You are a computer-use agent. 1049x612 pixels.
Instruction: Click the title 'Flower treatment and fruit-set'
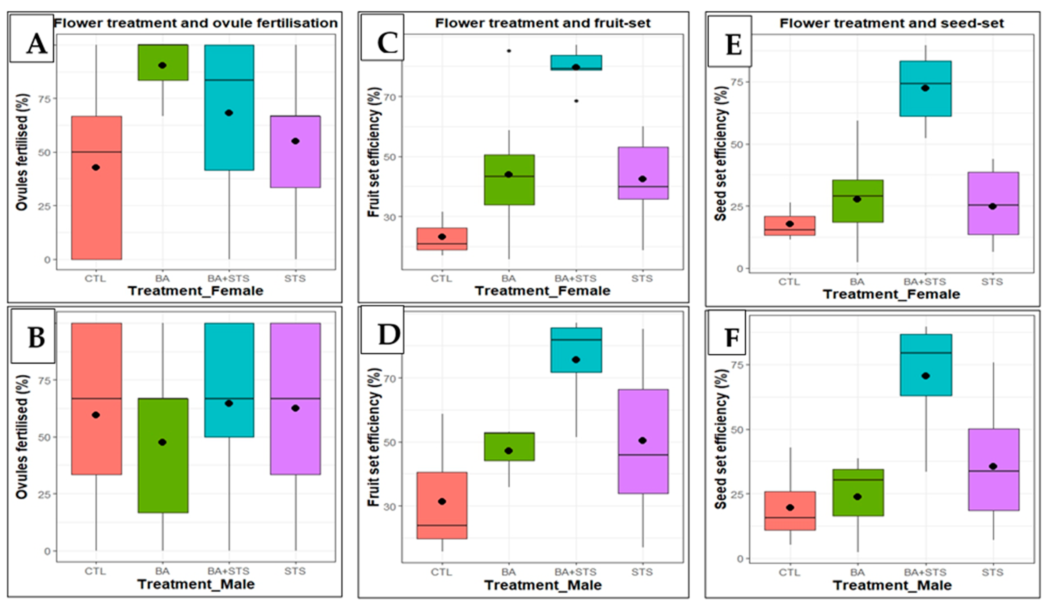[542, 23]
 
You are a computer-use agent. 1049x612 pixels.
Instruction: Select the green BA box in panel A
[163, 62]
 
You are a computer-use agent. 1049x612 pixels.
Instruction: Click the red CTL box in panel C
[442, 239]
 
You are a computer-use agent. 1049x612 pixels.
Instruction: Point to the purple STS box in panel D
[643, 441]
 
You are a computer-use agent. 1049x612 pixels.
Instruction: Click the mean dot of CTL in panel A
[96, 167]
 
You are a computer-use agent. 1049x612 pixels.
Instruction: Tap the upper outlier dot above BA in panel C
[509, 51]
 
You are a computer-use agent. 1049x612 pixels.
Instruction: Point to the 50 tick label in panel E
[738, 144]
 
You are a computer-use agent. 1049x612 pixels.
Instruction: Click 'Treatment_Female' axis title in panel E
[891, 294]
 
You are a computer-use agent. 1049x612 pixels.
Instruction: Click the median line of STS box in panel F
[993, 471]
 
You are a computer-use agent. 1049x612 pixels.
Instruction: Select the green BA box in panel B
[163, 455]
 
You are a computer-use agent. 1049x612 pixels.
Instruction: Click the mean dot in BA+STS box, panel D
[576, 360]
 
